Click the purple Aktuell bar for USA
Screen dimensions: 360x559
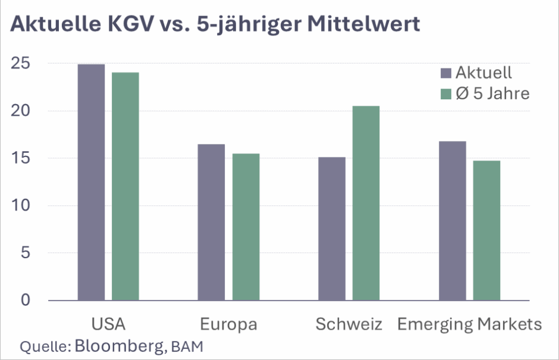pos(91,182)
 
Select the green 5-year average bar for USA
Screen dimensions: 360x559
pos(125,186)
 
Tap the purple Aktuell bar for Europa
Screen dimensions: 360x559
pos(211,222)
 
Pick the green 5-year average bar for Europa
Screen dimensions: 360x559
pos(246,227)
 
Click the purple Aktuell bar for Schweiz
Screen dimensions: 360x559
pos(331,228)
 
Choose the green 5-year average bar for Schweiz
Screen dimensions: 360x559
pos(366,203)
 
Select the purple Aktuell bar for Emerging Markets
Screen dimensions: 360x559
pos(453,221)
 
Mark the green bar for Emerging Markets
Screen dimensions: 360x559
pos(486,230)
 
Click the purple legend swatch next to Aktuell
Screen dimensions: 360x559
pos(446,74)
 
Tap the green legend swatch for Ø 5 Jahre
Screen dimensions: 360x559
pos(446,94)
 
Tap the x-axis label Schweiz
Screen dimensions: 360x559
pos(348,324)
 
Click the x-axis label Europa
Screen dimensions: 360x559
pos(228,324)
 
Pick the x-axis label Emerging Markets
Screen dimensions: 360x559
pos(469,324)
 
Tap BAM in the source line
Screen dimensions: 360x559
pos(186,346)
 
